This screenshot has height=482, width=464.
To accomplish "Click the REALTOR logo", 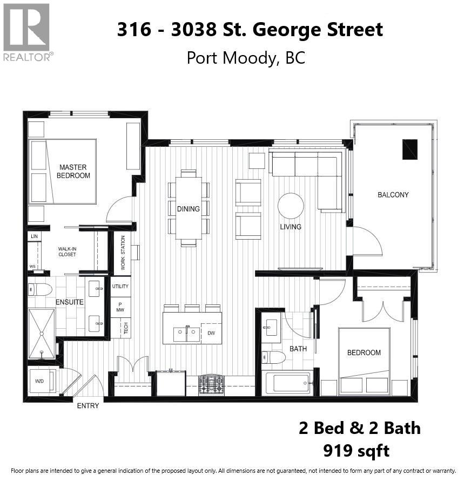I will click(x=26, y=31).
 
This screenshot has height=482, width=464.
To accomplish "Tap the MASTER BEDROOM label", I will click(x=73, y=171).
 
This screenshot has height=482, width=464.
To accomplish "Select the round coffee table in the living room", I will click(x=291, y=206).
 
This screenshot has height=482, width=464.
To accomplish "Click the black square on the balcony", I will click(x=410, y=150).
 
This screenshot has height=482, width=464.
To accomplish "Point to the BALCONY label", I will click(x=393, y=195).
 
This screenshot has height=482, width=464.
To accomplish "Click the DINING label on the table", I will click(x=188, y=209).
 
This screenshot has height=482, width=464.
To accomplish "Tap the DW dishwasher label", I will click(x=211, y=334).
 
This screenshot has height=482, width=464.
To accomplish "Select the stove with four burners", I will click(x=212, y=384).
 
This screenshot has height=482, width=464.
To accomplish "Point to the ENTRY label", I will click(x=88, y=405).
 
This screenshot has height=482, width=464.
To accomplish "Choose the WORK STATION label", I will click(x=123, y=253).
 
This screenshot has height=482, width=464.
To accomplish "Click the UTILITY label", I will click(x=120, y=287).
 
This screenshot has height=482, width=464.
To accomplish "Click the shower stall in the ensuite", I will click(x=42, y=334).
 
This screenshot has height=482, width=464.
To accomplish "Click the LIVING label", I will click(x=291, y=227).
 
